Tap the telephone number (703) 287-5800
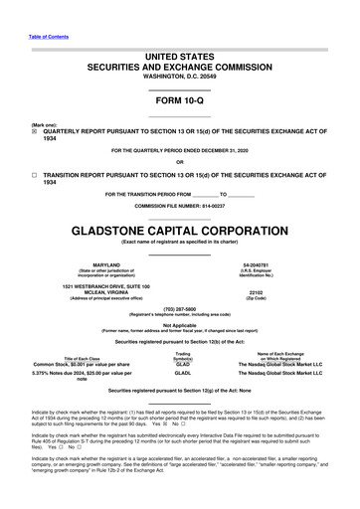pos(179,308)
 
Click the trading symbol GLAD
pos(182,364)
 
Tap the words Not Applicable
pos(179,324)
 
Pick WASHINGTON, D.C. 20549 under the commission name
pos(179,75)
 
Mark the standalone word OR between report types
pos(179,162)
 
